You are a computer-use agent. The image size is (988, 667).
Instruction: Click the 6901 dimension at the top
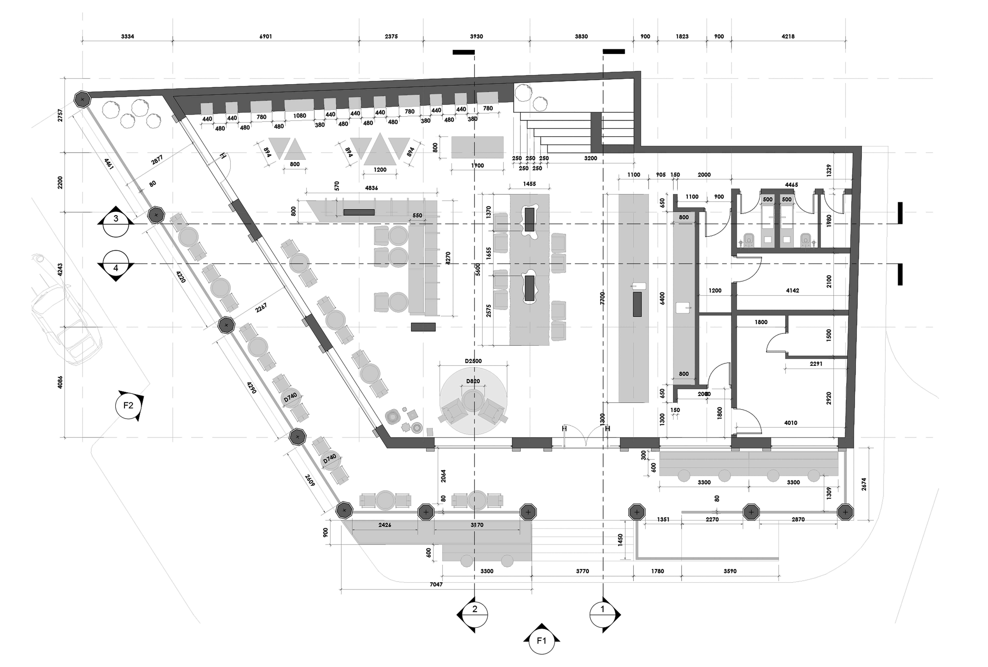(x=266, y=37)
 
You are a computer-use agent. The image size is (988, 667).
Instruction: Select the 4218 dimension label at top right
(x=788, y=37)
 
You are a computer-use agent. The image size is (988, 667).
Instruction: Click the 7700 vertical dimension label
(x=602, y=298)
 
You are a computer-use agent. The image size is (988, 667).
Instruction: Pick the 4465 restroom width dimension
(x=791, y=185)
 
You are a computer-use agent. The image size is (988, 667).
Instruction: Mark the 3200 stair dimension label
(x=590, y=158)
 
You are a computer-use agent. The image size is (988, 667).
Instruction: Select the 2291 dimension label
(x=816, y=364)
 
